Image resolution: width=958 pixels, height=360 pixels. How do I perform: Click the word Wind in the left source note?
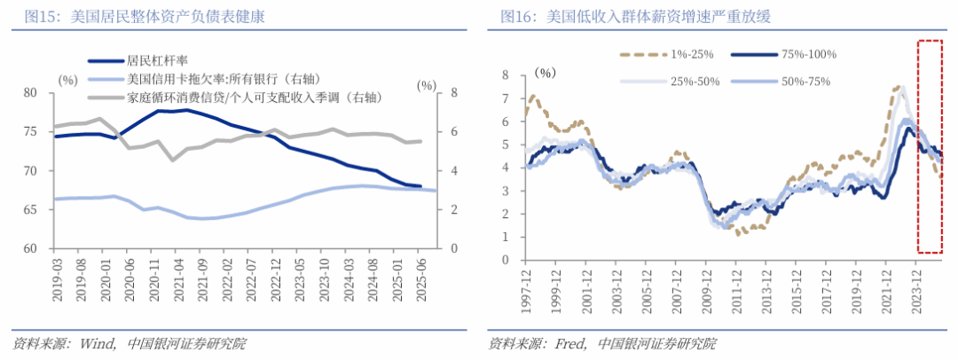pos(96,343)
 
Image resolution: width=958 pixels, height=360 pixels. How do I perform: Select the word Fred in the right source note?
pos(568,343)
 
